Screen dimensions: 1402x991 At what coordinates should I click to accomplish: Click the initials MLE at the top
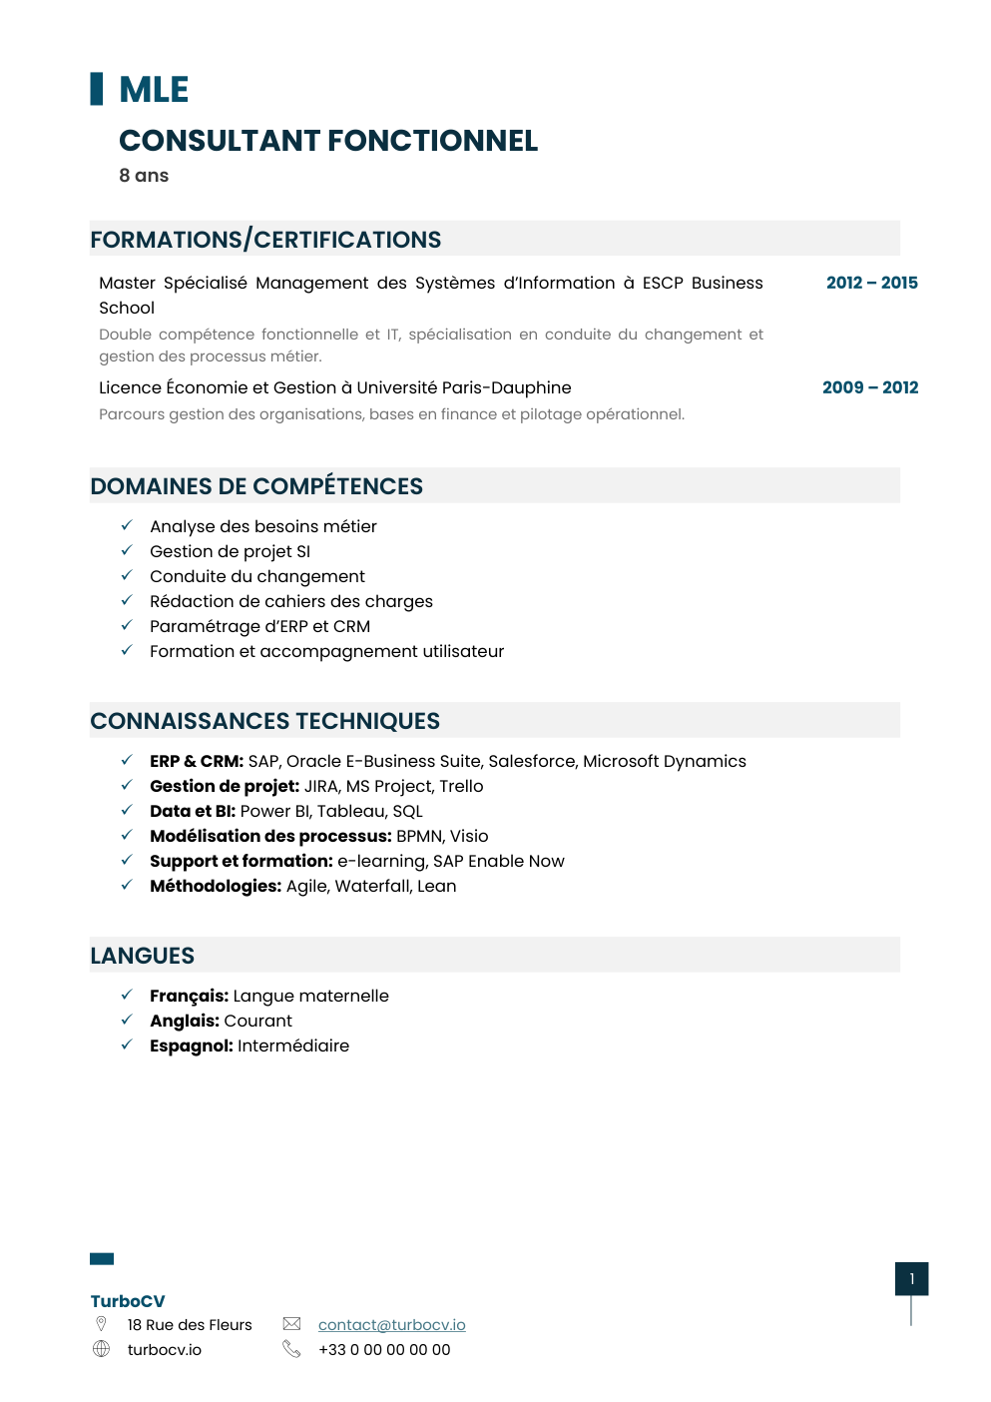point(154,90)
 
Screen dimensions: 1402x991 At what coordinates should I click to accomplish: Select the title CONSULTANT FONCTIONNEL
point(328,141)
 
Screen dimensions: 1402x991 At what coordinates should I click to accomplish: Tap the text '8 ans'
point(144,176)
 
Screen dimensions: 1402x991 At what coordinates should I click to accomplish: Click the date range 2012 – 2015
point(871,283)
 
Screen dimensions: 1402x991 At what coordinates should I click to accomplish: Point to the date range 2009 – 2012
point(869,387)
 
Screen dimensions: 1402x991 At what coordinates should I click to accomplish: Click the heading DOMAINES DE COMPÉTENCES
point(256,486)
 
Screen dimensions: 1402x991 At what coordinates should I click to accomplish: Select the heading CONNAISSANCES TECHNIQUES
point(264,721)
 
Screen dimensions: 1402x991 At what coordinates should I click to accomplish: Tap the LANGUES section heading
point(143,956)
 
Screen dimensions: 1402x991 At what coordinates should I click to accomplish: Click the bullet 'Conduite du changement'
point(257,576)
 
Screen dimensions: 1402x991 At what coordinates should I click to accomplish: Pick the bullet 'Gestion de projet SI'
point(230,551)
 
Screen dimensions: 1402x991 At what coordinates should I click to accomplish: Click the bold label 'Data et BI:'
point(193,811)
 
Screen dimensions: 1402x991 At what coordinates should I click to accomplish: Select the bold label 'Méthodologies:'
point(216,886)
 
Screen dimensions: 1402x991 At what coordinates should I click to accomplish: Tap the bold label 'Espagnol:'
point(192,1046)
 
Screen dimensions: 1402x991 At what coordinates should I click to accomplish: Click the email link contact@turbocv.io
point(391,1325)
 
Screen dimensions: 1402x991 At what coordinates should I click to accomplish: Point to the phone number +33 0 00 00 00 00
point(384,1350)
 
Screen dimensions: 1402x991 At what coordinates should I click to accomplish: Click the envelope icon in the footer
point(291,1324)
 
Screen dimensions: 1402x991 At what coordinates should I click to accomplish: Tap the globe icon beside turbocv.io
point(102,1349)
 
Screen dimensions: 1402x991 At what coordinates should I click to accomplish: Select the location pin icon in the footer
point(101,1324)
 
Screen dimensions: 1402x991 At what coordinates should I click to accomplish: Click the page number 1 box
point(911,1279)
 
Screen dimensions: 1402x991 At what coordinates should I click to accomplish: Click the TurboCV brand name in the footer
point(128,1301)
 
